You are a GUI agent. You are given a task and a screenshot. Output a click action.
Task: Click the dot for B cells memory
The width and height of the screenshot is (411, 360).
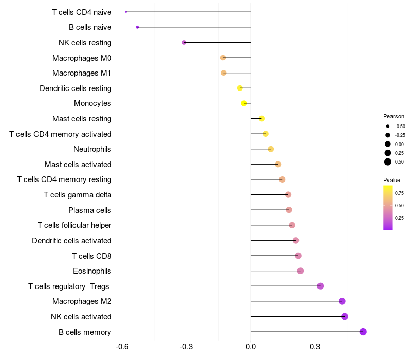pos(363,332)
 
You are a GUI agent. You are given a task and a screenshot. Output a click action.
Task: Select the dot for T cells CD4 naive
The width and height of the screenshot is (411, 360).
pos(126,12)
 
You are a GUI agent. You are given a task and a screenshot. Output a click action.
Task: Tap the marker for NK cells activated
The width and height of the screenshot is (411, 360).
pos(345,316)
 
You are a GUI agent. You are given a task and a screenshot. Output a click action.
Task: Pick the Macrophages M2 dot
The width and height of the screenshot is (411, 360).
pos(342,301)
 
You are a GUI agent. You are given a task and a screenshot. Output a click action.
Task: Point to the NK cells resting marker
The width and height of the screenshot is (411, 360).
pos(184,42)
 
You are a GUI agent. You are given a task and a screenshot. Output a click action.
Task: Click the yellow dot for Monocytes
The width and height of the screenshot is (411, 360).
pos(244,103)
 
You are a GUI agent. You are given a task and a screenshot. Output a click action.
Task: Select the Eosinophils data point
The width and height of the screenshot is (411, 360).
pos(301,271)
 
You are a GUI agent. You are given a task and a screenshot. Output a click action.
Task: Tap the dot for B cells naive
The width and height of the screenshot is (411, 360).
pos(137,27)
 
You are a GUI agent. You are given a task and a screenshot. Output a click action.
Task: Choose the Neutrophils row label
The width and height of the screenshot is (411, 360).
pos(92,149)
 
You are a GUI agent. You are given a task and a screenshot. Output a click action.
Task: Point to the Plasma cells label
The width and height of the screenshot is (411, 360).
pos(90,210)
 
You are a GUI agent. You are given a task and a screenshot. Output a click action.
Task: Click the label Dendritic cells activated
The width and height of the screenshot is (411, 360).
pos(71,240)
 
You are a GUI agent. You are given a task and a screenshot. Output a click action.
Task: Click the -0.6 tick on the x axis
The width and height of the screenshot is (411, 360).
pos(122,347)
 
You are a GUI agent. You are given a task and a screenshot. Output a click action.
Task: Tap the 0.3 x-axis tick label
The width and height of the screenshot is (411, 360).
pos(315,347)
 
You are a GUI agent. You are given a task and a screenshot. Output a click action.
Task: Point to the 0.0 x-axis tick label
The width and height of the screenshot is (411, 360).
pos(251,347)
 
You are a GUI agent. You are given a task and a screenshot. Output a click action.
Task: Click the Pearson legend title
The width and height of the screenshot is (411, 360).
pos(394,116)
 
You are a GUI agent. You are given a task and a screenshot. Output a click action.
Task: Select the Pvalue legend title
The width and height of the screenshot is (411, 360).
pos(391,180)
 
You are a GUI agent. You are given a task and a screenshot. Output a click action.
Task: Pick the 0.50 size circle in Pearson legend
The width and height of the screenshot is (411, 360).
pos(388,162)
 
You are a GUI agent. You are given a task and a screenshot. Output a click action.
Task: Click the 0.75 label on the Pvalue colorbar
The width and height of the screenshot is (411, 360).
pos(399,193)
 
